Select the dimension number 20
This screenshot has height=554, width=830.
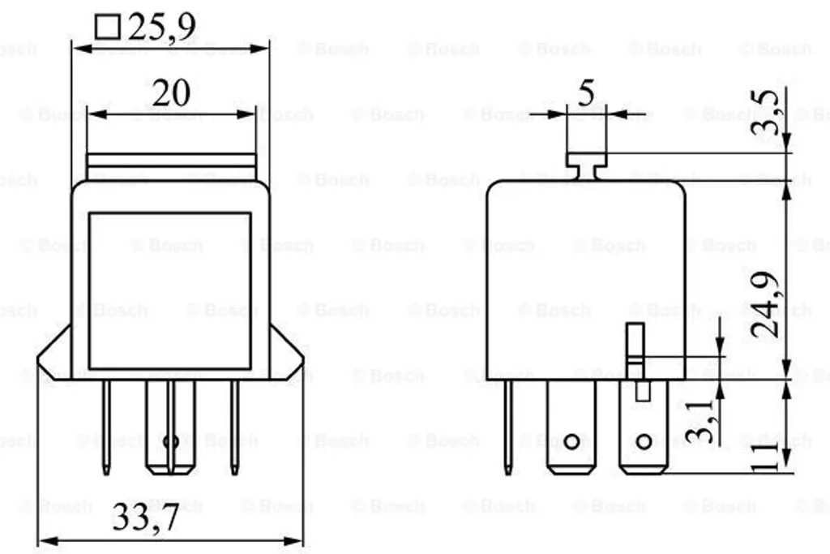(171, 93)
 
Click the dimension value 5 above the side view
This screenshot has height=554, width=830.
(585, 93)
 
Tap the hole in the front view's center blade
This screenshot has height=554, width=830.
(171, 442)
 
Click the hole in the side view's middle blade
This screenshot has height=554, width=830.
(572, 442)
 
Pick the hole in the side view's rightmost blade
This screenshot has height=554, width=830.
(644, 442)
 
